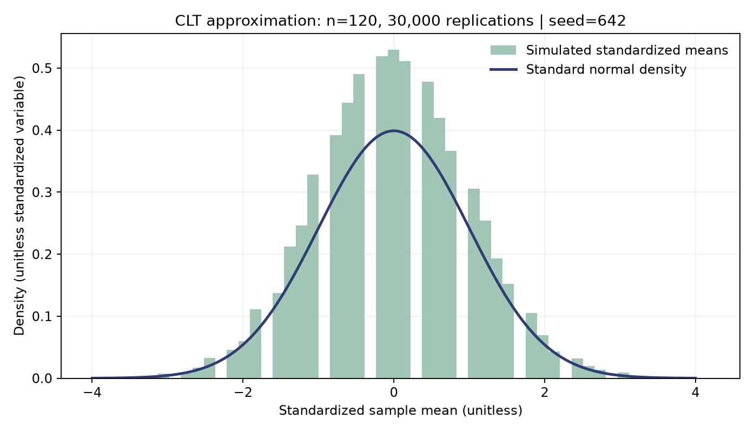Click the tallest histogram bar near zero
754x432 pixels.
coord(393,214)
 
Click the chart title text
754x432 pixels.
coord(400,21)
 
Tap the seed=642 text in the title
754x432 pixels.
coord(587,21)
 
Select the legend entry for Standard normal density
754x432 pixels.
coord(606,70)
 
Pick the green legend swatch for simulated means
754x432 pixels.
coord(503,50)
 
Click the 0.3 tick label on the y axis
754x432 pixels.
coord(42,192)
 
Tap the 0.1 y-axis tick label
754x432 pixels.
coord(42,316)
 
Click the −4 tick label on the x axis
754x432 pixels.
coord(92,393)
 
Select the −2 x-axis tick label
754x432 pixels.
coord(243,393)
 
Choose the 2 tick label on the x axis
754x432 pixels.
coord(545,393)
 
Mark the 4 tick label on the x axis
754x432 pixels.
coord(696,393)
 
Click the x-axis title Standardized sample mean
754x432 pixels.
coord(401,411)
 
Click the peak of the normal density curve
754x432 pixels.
coord(393,130)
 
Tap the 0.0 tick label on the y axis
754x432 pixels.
coord(42,378)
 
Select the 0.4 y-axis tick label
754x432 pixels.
coord(42,130)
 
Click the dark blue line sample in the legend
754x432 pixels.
coord(503,70)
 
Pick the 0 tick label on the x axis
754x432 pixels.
coord(393,393)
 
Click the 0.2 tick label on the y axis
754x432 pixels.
coord(42,254)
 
